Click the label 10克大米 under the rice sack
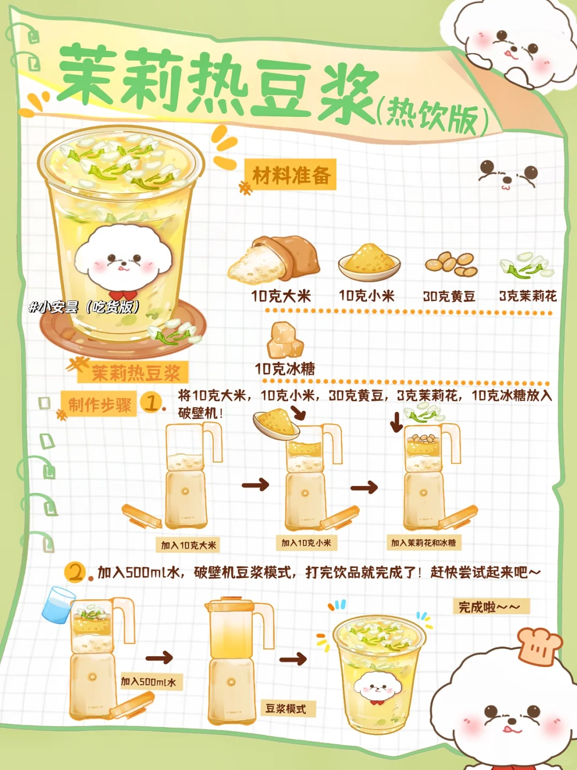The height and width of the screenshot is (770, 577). click(281, 297)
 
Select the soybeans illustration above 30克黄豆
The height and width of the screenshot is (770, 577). click(451, 264)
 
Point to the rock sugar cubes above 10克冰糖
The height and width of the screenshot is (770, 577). click(285, 340)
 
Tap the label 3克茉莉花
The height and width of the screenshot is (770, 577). click(528, 296)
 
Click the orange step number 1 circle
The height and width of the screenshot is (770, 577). click(151, 403)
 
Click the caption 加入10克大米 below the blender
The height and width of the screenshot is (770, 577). click(188, 545)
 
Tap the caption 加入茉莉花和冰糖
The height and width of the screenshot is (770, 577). click(424, 543)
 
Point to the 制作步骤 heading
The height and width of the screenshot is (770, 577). click(99, 405)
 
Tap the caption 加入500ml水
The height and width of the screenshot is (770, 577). click(148, 681)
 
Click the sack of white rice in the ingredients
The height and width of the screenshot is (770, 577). click(274, 259)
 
